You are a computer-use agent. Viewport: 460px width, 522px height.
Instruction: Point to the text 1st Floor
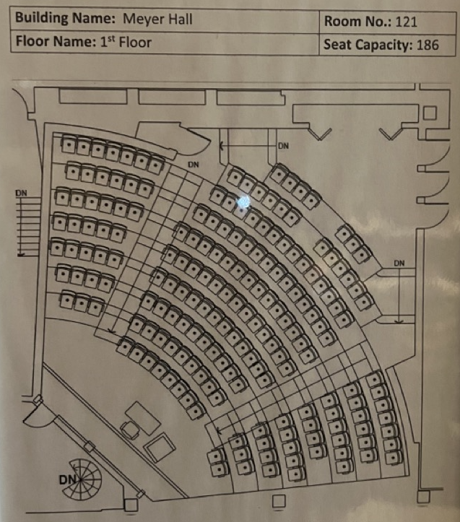124,42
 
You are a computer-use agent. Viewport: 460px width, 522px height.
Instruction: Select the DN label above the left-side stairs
21,193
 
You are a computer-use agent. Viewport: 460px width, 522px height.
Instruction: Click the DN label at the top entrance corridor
283,146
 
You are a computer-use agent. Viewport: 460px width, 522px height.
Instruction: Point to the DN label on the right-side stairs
399,263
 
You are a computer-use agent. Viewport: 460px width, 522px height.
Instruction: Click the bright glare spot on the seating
243,201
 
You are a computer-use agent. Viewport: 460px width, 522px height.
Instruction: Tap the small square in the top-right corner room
429,113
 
